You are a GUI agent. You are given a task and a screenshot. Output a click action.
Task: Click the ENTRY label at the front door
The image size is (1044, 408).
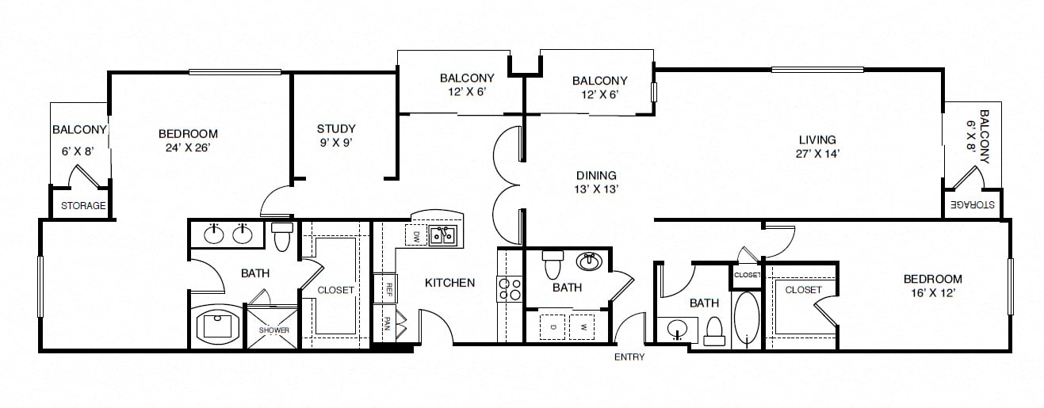tap(629, 357)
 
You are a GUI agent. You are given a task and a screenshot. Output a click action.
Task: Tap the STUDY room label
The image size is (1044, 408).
tap(336, 128)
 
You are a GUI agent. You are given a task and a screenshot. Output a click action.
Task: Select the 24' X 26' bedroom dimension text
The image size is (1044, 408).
tap(188, 147)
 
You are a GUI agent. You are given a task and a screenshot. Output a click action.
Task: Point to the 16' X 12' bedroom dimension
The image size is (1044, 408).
tap(932, 293)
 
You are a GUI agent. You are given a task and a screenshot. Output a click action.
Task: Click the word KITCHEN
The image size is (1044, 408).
tap(449, 283)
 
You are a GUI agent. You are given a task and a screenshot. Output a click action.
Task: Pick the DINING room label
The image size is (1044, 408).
tap(596, 176)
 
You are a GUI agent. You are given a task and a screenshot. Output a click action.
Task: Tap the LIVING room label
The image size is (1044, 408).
tap(817, 139)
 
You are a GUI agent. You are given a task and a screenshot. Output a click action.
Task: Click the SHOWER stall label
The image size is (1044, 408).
tap(274, 330)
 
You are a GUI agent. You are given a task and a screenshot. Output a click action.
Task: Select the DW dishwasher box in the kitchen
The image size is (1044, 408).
tap(416, 237)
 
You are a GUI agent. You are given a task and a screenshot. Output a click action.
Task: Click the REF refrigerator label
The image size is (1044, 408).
tap(388, 288)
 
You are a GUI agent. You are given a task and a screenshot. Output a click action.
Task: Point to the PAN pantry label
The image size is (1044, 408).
tap(387, 324)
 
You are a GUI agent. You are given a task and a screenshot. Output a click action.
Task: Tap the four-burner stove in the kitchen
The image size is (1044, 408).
tap(510, 289)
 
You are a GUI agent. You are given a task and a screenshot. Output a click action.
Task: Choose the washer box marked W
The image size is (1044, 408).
tap(582, 327)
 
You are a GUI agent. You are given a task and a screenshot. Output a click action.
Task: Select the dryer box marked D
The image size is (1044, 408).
tap(553, 327)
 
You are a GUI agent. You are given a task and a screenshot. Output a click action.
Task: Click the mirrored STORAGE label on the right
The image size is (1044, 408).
tap(972, 205)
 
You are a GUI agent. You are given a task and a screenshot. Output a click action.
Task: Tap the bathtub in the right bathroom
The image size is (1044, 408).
tap(747, 318)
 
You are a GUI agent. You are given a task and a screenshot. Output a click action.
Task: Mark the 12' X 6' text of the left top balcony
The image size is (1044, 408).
tap(467, 92)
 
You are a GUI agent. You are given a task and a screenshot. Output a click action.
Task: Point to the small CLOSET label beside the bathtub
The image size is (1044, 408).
tap(747, 275)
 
